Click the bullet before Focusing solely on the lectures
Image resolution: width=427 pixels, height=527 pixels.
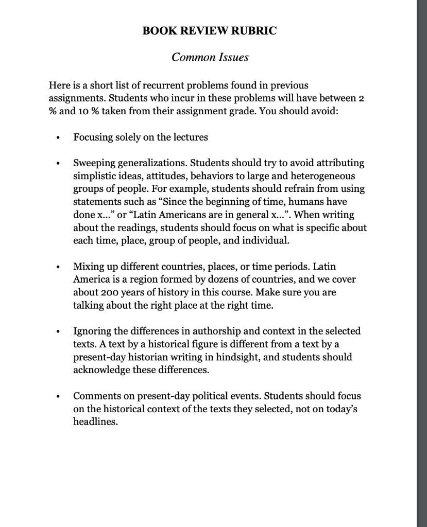point(61,138)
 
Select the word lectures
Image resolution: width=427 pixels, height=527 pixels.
point(190,137)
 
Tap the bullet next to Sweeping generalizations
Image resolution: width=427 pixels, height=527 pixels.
point(61,164)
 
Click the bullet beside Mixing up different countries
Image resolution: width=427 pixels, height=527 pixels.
point(61,268)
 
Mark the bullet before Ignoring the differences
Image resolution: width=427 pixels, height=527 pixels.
point(61,332)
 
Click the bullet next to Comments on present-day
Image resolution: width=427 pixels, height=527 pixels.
point(61,397)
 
